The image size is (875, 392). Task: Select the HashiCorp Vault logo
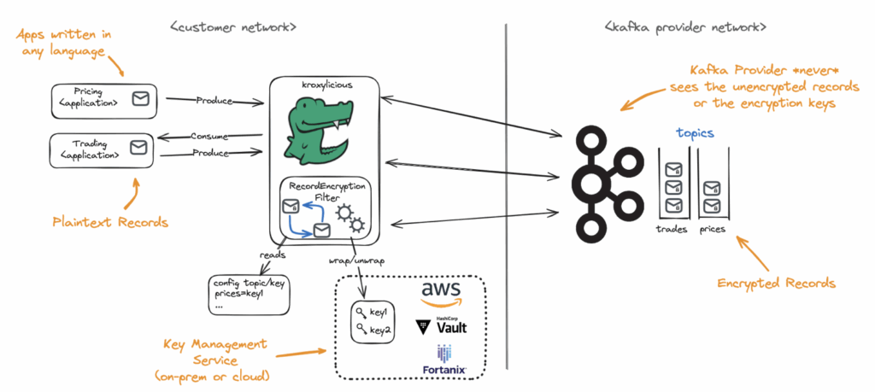click(x=442, y=325)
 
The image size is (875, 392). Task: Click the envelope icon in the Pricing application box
click(x=138, y=100)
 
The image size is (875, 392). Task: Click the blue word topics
click(x=695, y=133)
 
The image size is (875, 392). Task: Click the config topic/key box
click(x=249, y=293)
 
